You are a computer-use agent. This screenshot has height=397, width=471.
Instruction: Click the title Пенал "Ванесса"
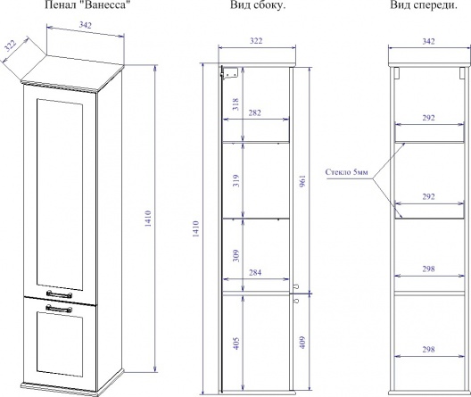[87, 4]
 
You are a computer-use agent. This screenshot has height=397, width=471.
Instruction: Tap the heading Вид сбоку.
[258, 5]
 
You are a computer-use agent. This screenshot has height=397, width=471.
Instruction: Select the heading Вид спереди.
[424, 5]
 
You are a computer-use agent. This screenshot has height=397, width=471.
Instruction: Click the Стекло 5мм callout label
[346, 172]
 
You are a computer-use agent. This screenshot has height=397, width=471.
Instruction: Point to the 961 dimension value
[302, 181]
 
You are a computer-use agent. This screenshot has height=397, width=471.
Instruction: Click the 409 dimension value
[302, 342]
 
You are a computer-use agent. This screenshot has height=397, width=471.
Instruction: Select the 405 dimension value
[236, 343]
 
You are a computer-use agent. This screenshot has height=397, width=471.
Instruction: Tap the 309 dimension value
[236, 255]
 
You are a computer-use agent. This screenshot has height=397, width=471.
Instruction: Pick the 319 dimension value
[236, 181]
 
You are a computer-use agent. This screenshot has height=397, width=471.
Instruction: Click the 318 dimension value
[236, 104]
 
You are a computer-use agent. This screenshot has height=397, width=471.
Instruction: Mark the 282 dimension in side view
[255, 112]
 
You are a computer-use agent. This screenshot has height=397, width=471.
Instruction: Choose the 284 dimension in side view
[255, 272]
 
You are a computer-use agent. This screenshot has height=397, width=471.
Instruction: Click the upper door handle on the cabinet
[59, 294]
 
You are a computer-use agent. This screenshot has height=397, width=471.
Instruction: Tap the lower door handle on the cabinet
[59, 309]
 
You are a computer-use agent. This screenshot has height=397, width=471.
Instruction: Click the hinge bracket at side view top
[229, 73]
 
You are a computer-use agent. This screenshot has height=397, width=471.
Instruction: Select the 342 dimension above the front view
[428, 41]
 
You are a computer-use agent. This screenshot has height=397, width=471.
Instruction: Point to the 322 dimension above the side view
[256, 40]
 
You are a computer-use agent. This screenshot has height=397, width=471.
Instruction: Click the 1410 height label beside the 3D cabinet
[148, 219]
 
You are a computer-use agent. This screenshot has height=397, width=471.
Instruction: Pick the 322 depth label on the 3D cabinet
[10, 45]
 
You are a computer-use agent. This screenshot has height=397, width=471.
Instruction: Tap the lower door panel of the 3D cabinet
[60, 344]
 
